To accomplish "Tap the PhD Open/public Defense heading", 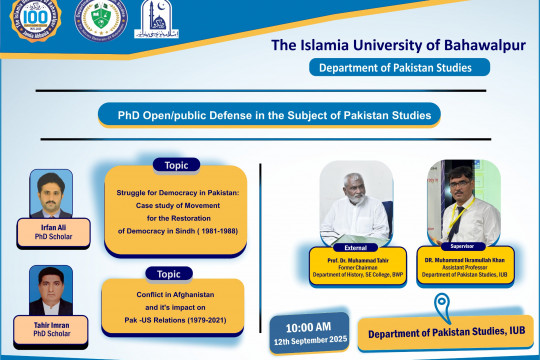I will pos(269,116).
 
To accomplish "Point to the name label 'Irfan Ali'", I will pos(46,227).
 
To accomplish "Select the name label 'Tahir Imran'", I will pos(46,326).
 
